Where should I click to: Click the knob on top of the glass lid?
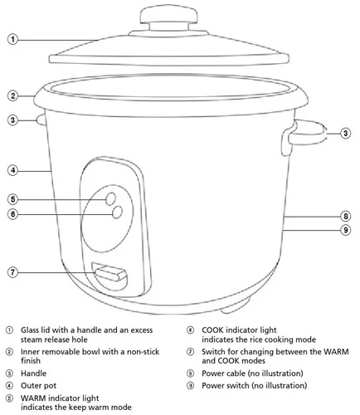169,17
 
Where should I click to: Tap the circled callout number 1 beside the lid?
12,39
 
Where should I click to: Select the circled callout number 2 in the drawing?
12,96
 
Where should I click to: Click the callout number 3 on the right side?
345,134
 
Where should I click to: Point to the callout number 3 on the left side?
12,120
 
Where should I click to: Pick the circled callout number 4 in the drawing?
12,170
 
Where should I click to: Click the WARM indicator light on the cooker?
111,198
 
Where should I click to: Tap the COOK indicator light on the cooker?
117,212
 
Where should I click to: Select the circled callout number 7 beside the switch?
12,272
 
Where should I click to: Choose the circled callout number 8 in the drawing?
345,216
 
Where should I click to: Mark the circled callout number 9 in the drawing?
345,230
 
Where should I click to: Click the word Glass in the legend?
30,330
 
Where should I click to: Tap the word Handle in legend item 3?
34,373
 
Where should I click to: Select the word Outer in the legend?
31,386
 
